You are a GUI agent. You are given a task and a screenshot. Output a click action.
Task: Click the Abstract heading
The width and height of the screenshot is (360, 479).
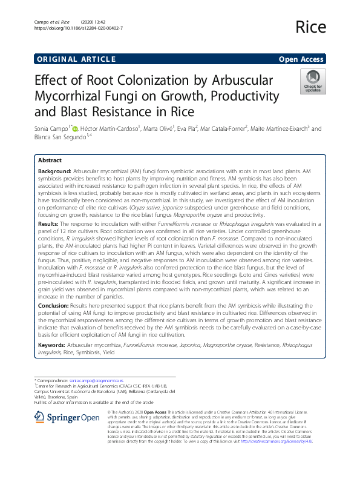(x=50, y=160)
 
